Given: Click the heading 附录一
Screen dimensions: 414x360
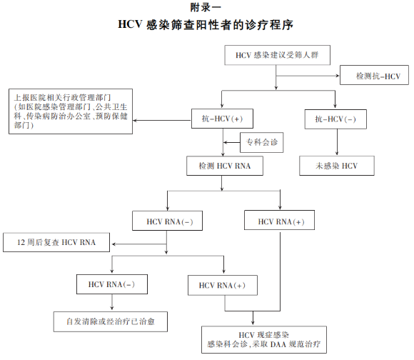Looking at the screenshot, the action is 206,7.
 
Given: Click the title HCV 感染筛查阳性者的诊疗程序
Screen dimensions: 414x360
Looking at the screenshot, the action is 206,25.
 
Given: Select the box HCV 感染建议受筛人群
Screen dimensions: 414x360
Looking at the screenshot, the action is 277,55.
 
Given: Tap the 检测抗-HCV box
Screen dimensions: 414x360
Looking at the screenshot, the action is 374,75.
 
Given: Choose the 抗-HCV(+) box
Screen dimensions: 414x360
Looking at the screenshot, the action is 222,119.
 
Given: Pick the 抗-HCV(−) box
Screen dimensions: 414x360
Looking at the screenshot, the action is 335,119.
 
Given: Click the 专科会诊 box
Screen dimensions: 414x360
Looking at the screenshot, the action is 262,142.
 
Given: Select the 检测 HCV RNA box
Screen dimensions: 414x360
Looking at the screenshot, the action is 225,166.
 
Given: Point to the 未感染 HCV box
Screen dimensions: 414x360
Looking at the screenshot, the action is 337,166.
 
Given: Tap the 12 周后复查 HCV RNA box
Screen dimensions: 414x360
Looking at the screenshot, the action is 56,242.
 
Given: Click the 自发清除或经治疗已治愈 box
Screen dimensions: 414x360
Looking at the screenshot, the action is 111,321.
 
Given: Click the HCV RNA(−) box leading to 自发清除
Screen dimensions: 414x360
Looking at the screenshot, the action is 112,284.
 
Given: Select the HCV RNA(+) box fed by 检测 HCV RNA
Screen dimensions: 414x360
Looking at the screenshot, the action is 279,220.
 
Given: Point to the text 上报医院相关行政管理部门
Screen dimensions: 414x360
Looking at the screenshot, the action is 62,97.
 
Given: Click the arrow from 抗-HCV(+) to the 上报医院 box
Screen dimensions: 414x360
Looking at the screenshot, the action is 162,121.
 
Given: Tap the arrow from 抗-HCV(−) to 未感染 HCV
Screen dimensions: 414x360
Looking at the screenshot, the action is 337,142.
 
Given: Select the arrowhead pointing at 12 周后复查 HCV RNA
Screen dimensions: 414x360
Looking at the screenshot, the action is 113,244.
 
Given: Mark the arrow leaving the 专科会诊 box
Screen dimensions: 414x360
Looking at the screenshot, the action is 231,142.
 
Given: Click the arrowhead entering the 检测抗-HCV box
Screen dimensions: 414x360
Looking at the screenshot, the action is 338,76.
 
